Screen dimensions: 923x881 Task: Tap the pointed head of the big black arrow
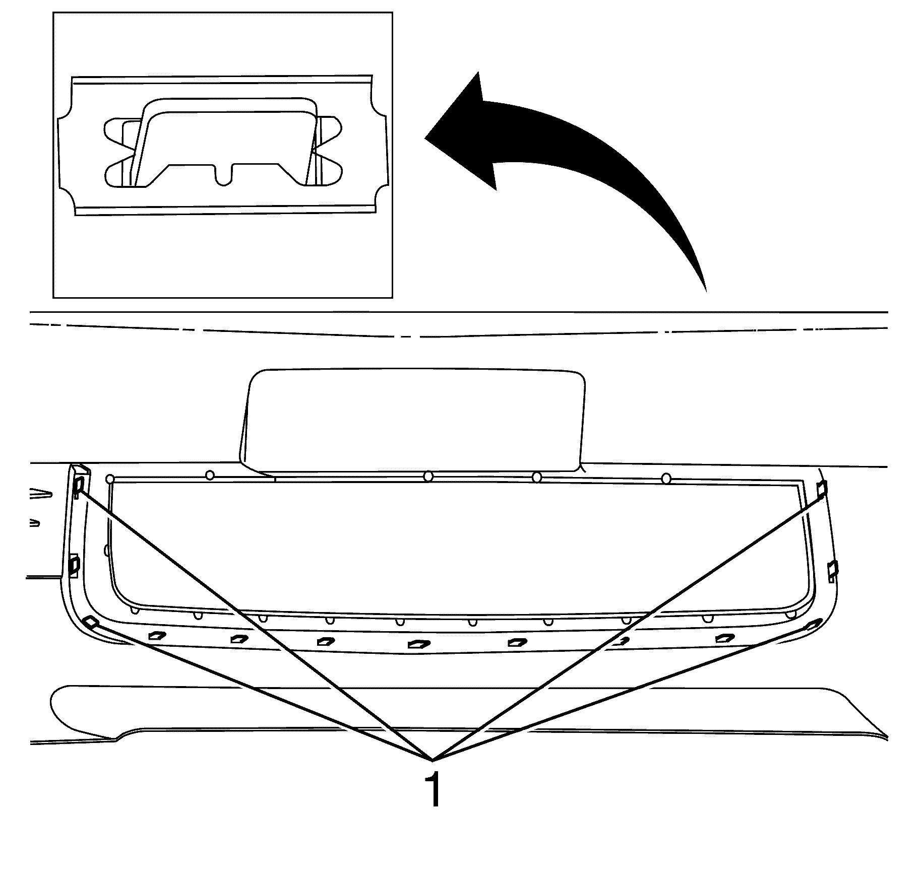pyautogui.click(x=426, y=137)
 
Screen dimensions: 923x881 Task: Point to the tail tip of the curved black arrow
pyautogui.click(x=706, y=290)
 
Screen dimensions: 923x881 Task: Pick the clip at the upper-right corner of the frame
pyautogui.click(x=822, y=488)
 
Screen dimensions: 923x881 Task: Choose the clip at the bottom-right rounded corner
pyautogui.click(x=811, y=626)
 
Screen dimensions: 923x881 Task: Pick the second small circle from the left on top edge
pyautogui.click(x=210, y=475)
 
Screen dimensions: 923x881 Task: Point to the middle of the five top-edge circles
pyautogui.click(x=428, y=476)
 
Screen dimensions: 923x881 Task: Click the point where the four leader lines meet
pyautogui.click(x=433, y=760)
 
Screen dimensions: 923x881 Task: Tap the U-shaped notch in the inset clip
pyautogui.click(x=225, y=174)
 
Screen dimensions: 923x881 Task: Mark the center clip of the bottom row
pyautogui.click(x=417, y=644)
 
